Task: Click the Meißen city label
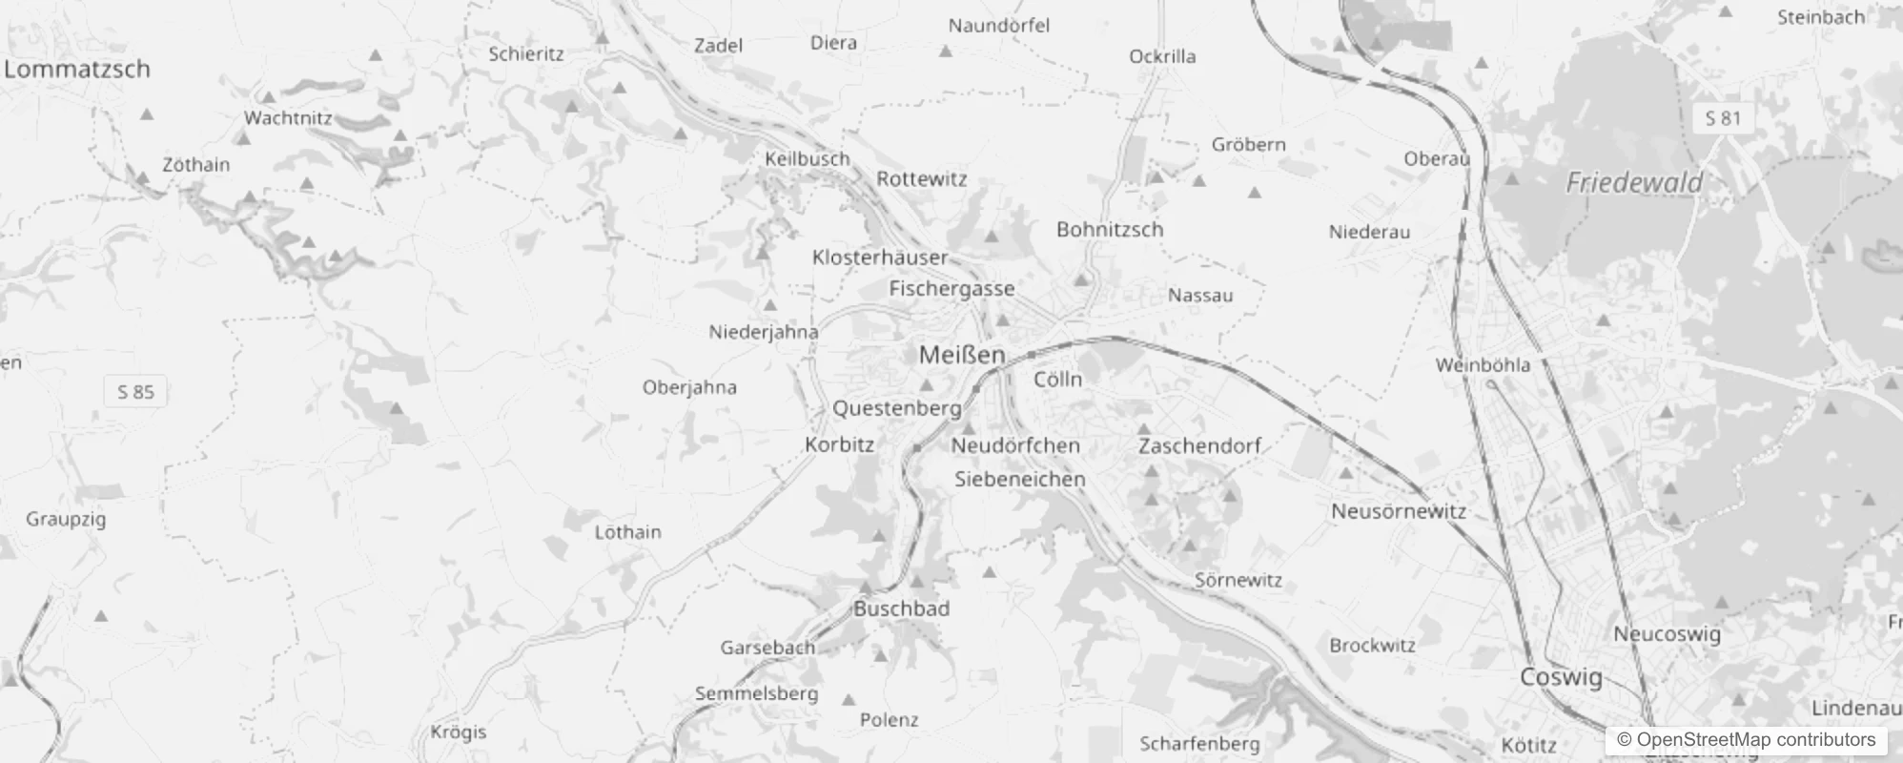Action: (x=962, y=355)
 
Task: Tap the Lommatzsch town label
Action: (x=77, y=69)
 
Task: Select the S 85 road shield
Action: (x=135, y=391)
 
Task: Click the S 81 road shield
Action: (x=1723, y=118)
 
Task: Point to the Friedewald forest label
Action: (x=1634, y=182)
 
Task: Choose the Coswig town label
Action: (x=1561, y=677)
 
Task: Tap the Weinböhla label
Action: (x=1483, y=364)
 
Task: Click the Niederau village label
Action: (x=1369, y=232)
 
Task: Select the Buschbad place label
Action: (x=901, y=608)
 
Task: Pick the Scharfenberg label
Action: (x=1199, y=743)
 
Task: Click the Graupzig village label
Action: (x=66, y=519)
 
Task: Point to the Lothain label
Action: (x=627, y=532)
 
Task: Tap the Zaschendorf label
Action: (x=1199, y=445)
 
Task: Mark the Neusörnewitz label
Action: (x=1399, y=511)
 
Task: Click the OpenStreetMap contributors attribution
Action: (x=1746, y=740)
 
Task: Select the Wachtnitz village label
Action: (x=288, y=118)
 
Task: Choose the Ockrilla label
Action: (x=1162, y=56)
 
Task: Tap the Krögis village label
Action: (x=459, y=732)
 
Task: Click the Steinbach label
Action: (x=1821, y=17)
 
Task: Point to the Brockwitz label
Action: (x=1372, y=646)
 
